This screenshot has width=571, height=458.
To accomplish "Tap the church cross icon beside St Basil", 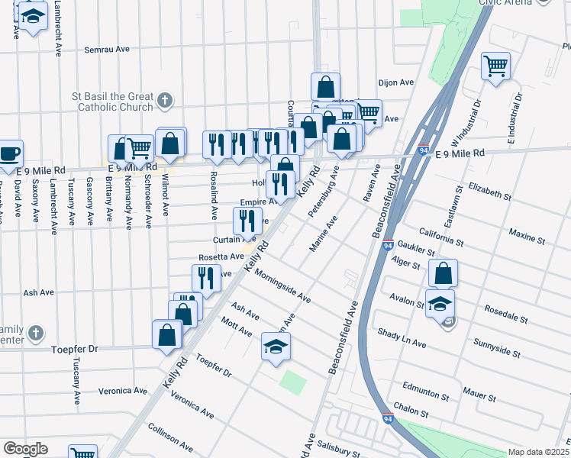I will point(165,101).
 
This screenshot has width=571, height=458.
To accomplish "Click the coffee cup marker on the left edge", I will point(10,153).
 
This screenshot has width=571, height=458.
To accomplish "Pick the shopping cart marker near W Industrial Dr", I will point(495,66).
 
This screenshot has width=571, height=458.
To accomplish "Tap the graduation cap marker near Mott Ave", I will point(276,347).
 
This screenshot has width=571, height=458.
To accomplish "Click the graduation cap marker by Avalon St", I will point(440,303).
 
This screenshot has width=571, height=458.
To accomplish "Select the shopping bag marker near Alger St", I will point(443,273).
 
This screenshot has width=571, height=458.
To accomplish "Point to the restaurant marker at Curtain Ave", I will point(247,221).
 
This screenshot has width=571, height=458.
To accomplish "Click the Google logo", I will point(25,449).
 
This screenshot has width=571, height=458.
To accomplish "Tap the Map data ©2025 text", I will point(538,452).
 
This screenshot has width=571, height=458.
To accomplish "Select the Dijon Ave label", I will point(395,82).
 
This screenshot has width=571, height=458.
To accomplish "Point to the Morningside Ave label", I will point(282,285).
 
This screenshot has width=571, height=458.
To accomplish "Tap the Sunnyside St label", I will point(496,349).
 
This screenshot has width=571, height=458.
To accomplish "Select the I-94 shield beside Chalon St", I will point(388,418).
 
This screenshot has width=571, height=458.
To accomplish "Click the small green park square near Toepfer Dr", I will point(292,380).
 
